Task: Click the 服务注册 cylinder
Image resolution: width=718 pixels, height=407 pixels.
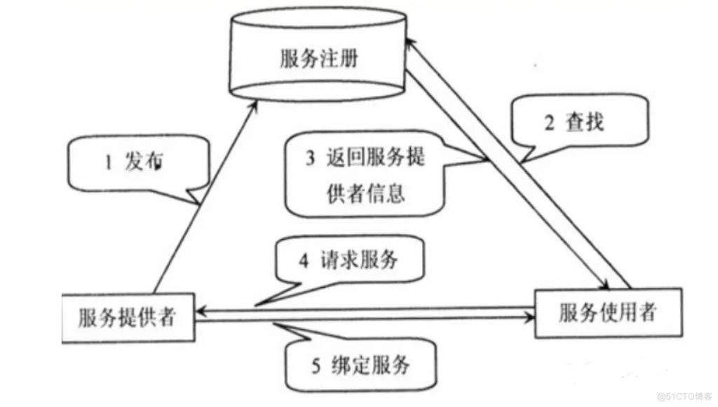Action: click(318, 59)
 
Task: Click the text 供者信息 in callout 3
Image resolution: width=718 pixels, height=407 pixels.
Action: click(366, 193)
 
